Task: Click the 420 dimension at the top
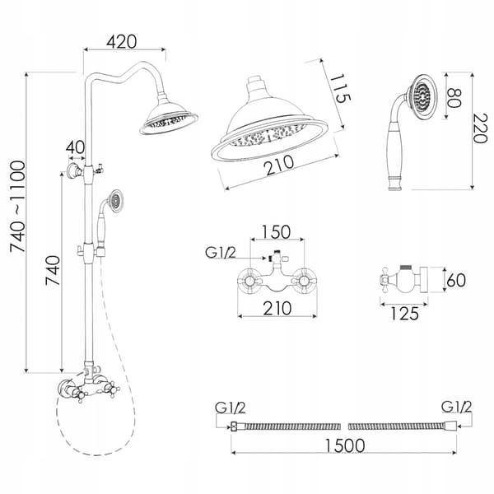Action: (122, 42)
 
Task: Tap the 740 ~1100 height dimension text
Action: (17, 207)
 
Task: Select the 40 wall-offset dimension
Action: (76, 147)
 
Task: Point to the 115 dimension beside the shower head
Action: (340, 89)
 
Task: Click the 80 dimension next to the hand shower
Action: (454, 98)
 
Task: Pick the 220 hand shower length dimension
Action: (481, 128)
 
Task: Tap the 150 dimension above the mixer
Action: (277, 232)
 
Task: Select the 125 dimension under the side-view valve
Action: (404, 314)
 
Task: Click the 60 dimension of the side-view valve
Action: (456, 280)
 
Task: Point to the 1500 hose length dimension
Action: (345, 445)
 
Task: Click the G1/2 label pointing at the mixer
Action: (220, 253)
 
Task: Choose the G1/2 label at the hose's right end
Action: (456, 407)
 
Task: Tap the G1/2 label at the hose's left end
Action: (231, 408)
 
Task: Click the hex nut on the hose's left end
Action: (234, 426)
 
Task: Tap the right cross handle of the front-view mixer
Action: (304, 280)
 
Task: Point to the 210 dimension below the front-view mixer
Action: (277, 309)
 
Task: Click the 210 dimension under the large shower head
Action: (279, 165)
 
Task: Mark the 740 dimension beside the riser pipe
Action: (53, 271)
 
